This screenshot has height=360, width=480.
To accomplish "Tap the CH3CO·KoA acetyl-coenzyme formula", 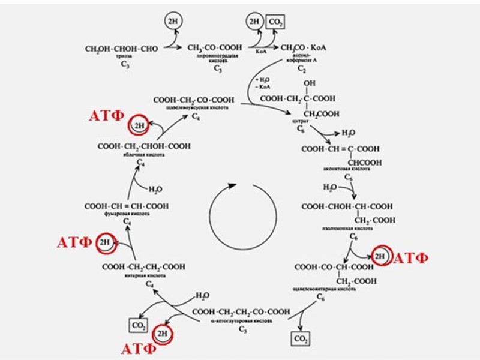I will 300,47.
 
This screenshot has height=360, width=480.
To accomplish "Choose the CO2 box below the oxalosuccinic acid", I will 301,340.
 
